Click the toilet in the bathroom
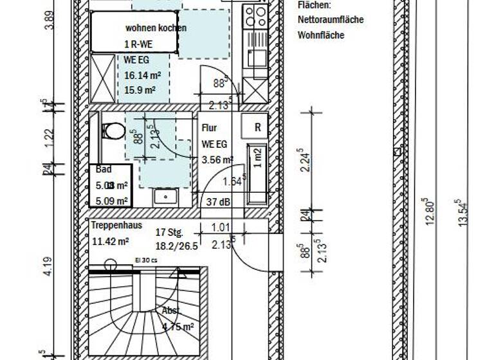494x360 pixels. (x=113, y=132)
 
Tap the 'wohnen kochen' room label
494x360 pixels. (x=156, y=28)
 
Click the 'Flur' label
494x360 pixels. (x=209, y=128)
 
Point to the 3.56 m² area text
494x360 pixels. (x=217, y=160)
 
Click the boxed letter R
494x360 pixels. (x=257, y=127)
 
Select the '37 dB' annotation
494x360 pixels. (x=219, y=203)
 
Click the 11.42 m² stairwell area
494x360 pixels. (x=110, y=242)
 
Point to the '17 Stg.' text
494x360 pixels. (x=170, y=233)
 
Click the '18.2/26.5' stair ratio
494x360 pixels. (x=174, y=245)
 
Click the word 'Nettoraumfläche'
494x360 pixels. (x=330, y=20)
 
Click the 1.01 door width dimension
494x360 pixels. (x=221, y=226)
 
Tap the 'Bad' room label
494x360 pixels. (x=104, y=170)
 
